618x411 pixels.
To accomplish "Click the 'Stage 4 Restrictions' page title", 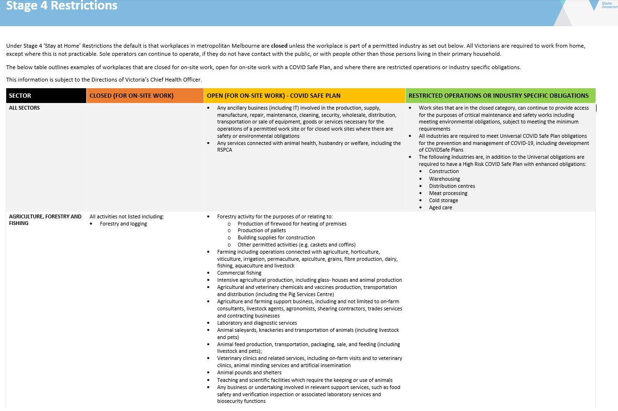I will (62, 6).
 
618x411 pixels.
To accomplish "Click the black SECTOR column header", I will (20, 96).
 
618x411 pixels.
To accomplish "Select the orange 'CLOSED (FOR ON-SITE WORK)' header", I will (132, 96).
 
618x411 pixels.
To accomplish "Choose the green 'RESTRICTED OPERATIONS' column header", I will (498, 96).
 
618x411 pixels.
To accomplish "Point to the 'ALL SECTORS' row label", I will (24, 108).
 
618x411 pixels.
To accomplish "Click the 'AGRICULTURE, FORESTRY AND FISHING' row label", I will (45, 220).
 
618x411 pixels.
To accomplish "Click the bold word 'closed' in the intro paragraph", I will (279, 46).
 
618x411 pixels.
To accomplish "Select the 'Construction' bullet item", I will (443, 172).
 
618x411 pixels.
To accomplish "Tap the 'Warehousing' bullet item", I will (444, 179).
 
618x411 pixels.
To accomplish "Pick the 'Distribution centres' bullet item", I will (452, 186).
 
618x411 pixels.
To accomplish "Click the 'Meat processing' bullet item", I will (448, 193).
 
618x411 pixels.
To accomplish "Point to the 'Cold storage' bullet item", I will (443, 200).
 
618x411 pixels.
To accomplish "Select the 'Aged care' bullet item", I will (440, 207).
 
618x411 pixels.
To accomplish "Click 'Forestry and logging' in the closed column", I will (123, 224).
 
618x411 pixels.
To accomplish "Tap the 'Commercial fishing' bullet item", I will (239, 273).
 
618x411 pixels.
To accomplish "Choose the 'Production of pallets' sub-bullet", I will (261, 231).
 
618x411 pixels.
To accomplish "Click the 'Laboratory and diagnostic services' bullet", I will (257, 323).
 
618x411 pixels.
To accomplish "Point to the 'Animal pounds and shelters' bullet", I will (249, 373).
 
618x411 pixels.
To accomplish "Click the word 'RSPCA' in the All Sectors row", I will (225, 150).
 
